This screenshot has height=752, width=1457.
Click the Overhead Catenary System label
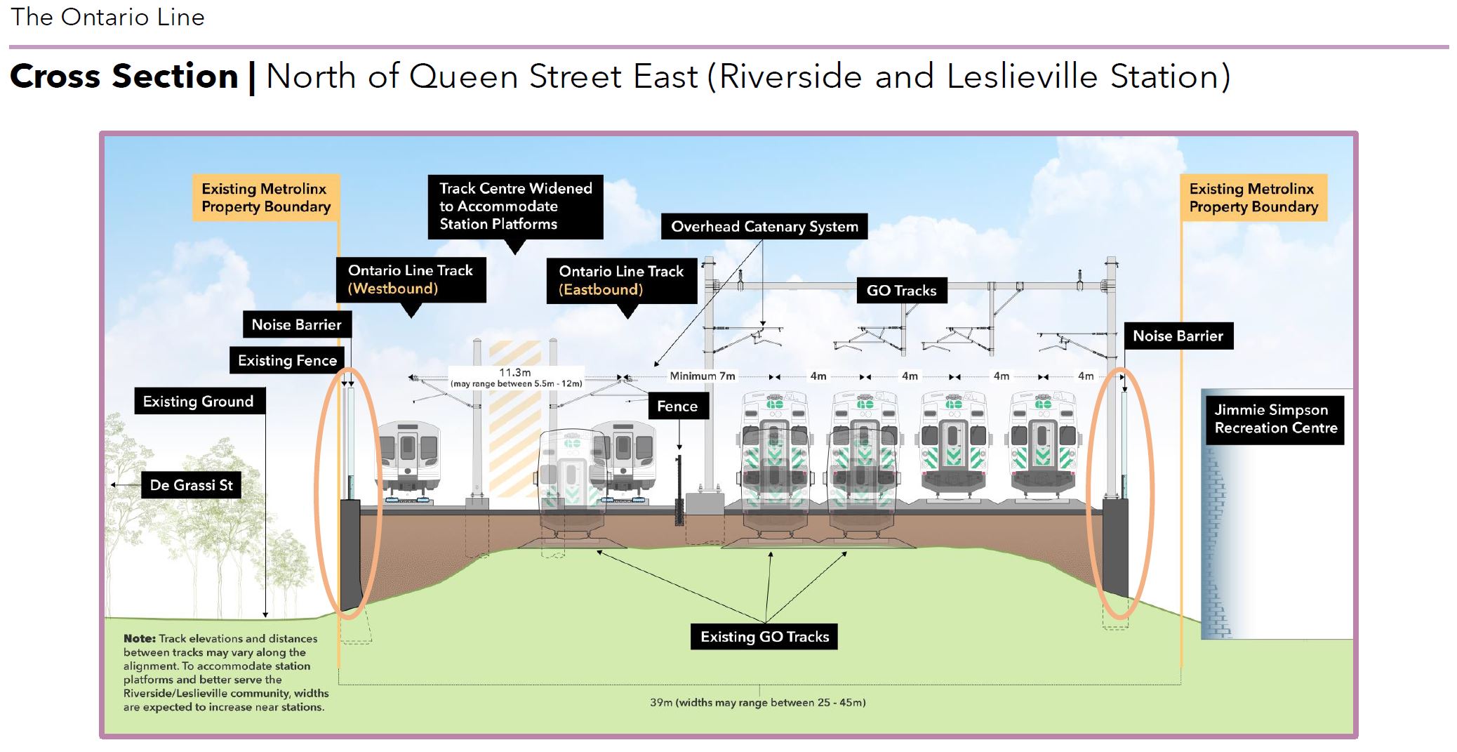764,226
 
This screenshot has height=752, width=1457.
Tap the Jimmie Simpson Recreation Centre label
1275,419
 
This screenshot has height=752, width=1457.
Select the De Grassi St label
191,485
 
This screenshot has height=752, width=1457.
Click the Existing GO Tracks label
764,637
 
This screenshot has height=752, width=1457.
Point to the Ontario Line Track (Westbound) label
411,279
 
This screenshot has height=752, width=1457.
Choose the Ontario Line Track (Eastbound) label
620,280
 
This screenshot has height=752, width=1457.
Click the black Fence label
677,406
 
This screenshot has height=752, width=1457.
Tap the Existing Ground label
198,401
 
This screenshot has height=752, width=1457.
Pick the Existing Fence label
287,360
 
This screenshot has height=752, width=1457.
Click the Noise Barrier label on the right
1177,336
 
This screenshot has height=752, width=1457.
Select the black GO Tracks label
901,290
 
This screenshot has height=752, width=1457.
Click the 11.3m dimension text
514,373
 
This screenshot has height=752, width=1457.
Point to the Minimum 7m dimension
702,376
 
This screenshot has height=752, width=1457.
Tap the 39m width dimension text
757,702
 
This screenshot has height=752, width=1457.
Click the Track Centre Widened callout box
515,206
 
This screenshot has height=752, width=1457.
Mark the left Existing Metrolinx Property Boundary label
266,198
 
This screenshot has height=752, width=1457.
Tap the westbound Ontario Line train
408,456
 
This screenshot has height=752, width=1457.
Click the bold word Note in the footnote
139,639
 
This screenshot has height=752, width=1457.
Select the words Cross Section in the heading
124,76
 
